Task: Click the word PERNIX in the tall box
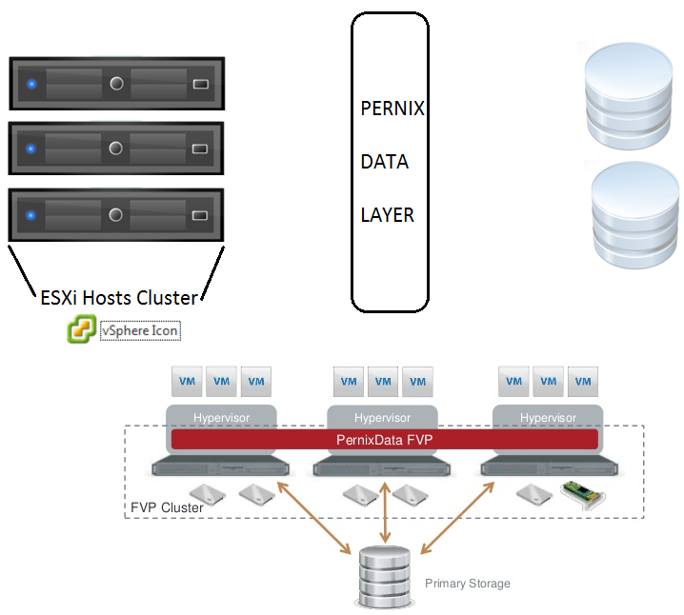click(392, 109)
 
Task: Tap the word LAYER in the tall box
click(387, 215)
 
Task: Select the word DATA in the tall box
click(384, 162)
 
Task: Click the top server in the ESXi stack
click(116, 84)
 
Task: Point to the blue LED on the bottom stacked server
click(31, 215)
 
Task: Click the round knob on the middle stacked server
click(116, 149)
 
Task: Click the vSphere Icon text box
click(140, 331)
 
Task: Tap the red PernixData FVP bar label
click(384, 440)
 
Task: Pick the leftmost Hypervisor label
click(221, 418)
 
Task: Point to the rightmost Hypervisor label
click(548, 418)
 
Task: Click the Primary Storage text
click(467, 584)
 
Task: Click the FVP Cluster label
click(166, 507)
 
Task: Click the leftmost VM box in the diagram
click(188, 382)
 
